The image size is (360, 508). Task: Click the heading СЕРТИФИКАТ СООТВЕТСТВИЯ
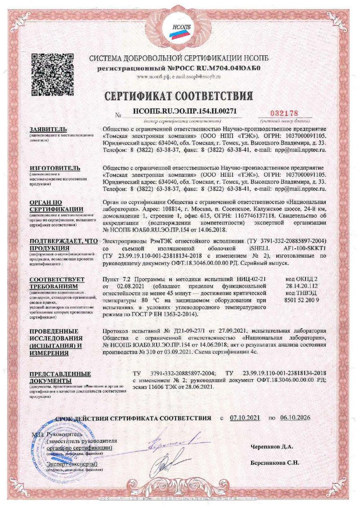pos(179,96)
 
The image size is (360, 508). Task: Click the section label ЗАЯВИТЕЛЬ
pos(48,129)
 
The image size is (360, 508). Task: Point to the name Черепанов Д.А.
pos(272,447)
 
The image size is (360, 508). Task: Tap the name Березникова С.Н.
pos(275,462)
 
